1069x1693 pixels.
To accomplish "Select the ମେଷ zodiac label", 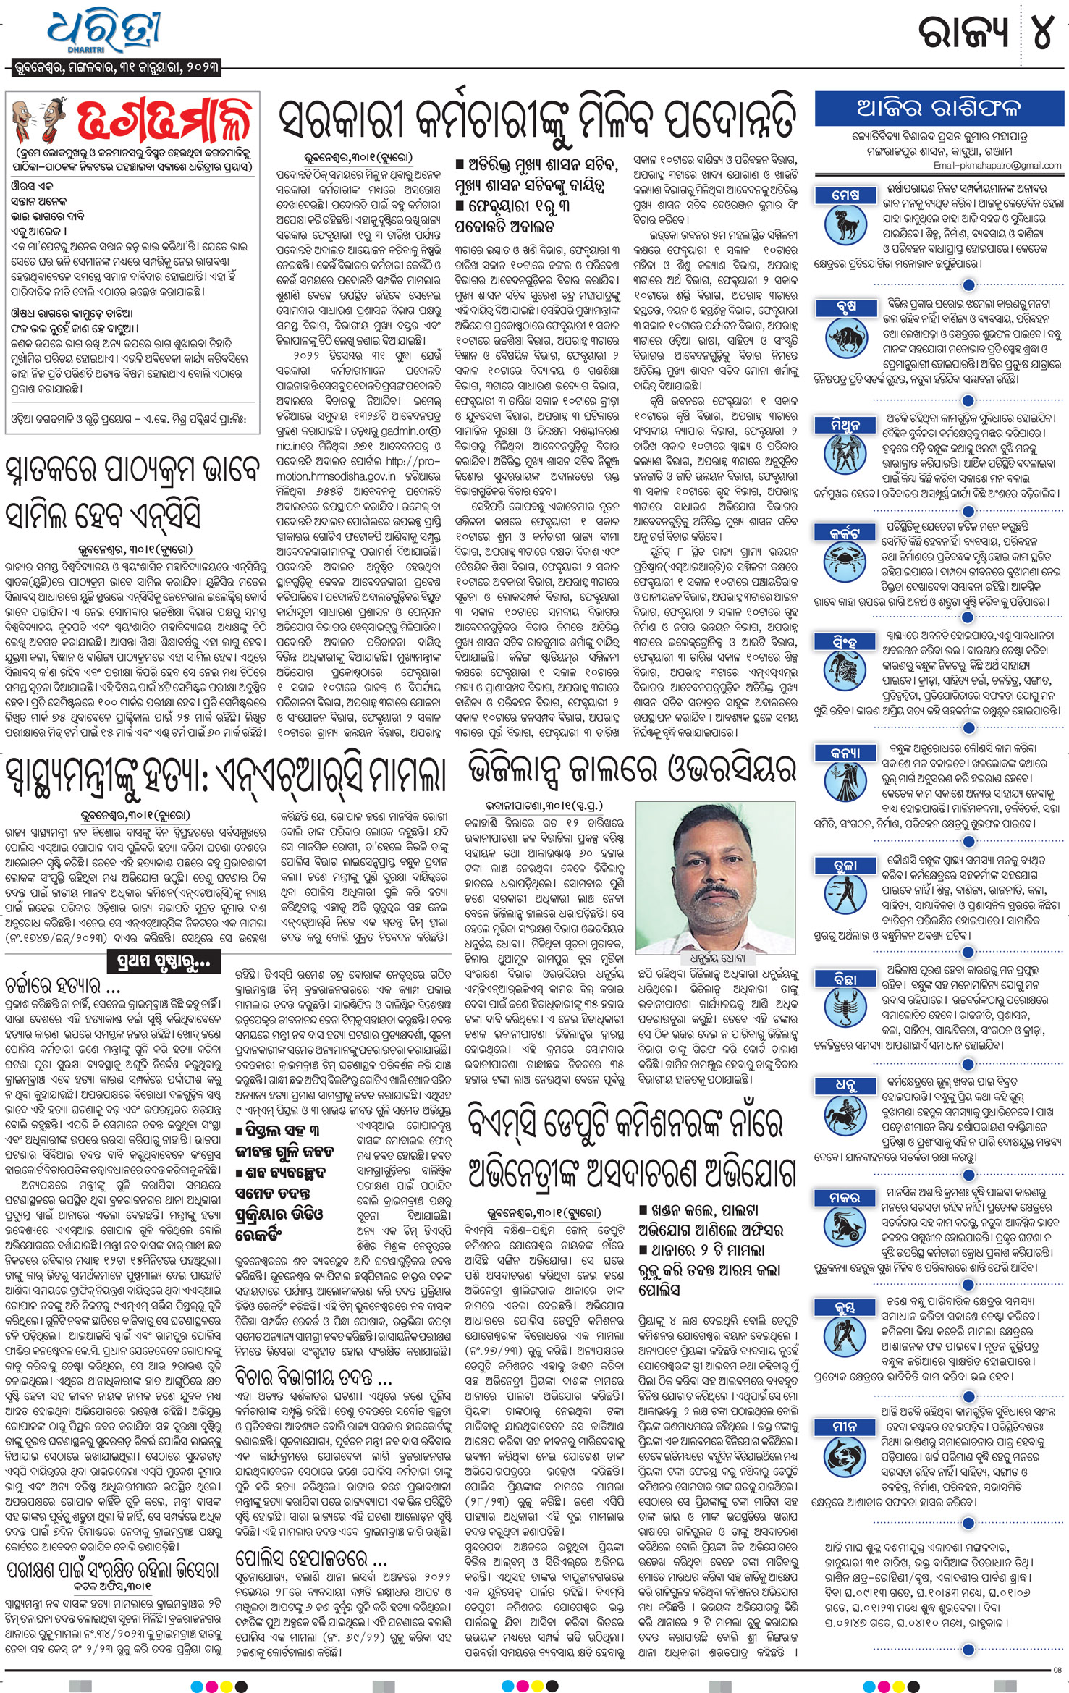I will tap(845, 195).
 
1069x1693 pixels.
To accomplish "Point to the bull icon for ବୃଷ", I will tap(845, 337).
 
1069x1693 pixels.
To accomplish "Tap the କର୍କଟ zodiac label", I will tap(845, 533).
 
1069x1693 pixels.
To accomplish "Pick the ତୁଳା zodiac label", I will tap(845, 865).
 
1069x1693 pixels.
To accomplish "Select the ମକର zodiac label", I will tap(845, 1198).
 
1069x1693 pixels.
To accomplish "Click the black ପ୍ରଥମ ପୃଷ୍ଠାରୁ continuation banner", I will tap(163, 962).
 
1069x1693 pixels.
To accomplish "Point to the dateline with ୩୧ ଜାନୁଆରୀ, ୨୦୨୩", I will tap(116, 69).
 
